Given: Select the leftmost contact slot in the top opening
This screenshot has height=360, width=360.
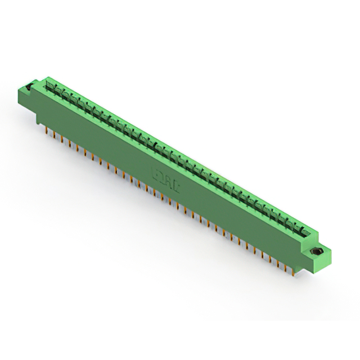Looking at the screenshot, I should (55, 85).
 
